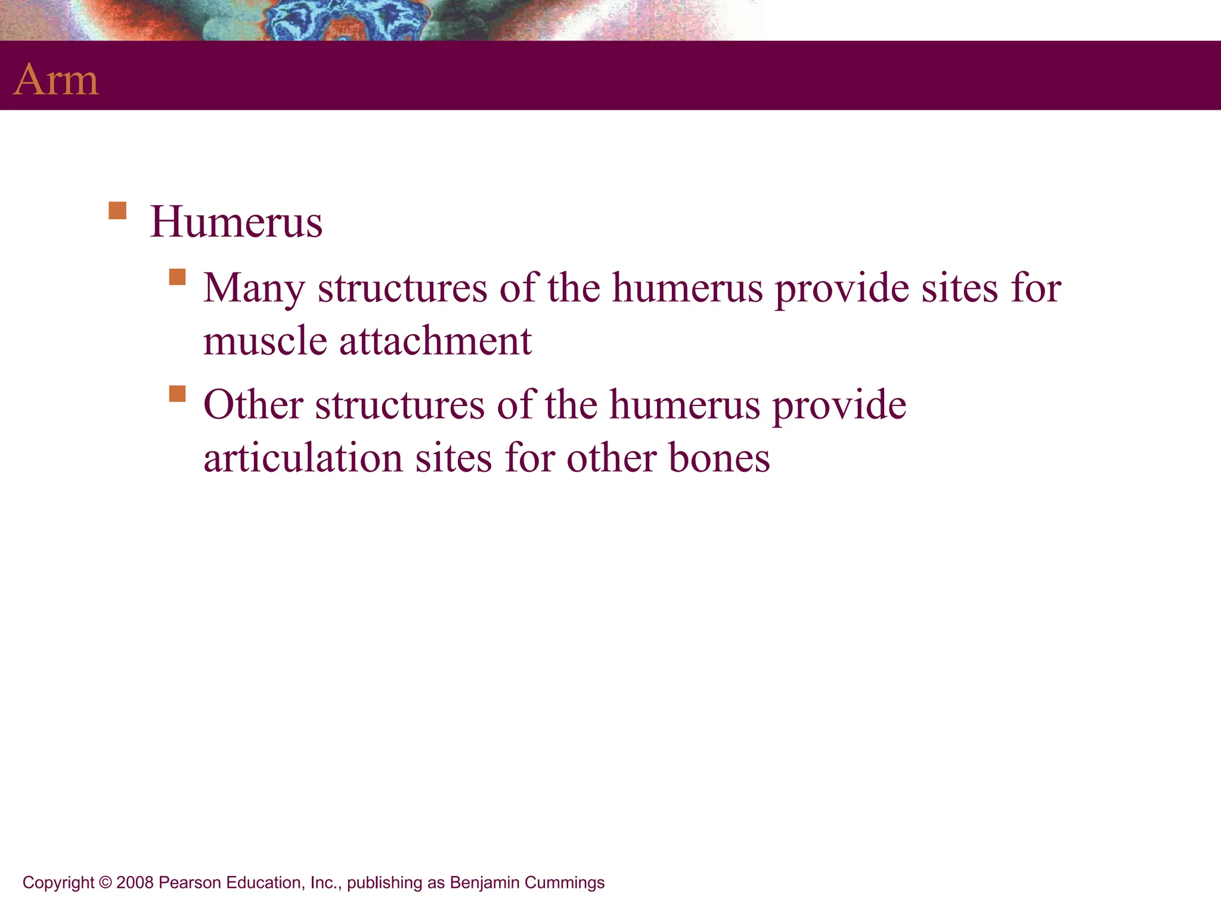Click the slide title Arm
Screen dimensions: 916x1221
(56, 79)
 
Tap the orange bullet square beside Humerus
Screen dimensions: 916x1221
(117, 211)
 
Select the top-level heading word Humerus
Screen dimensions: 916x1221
(236, 222)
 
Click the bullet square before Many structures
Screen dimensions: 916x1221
(177, 277)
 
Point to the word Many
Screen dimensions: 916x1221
(254, 289)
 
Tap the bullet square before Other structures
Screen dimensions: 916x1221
(177, 394)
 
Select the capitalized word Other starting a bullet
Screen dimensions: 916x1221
(253, 405)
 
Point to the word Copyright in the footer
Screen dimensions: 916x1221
(58, 883)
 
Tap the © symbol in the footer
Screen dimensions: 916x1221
(106, 883)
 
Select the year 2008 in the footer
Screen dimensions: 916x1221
(135, 883)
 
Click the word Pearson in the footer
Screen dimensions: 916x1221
(185, 883)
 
